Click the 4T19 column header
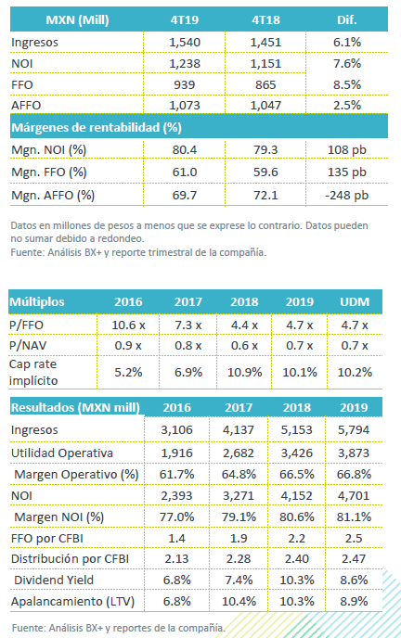(x=185, y=20)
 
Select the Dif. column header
(x=347, y=20)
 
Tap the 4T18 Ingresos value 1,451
(x=265, y=43)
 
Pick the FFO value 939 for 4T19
(x=185, y=84)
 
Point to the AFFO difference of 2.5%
(x=347, y=106)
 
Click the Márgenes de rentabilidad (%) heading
(x=97, y=128)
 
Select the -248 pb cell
(x=347, y=196)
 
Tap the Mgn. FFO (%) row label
(x=49, y=172)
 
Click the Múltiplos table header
(x=37, y=302)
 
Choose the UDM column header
(x=355, y=302)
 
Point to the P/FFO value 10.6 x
(x=128, y=325)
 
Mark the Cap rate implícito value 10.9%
(x=244, y=372)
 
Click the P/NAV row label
(x=28, y=346)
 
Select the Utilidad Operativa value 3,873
(x=354, y=453)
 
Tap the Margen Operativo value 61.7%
(x=176, y=475)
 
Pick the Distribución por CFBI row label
(x=70, y=559)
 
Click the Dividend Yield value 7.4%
(x=239, y=581)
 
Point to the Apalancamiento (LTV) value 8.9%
(x=354, y=602)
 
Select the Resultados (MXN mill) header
(x=75, y=408)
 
